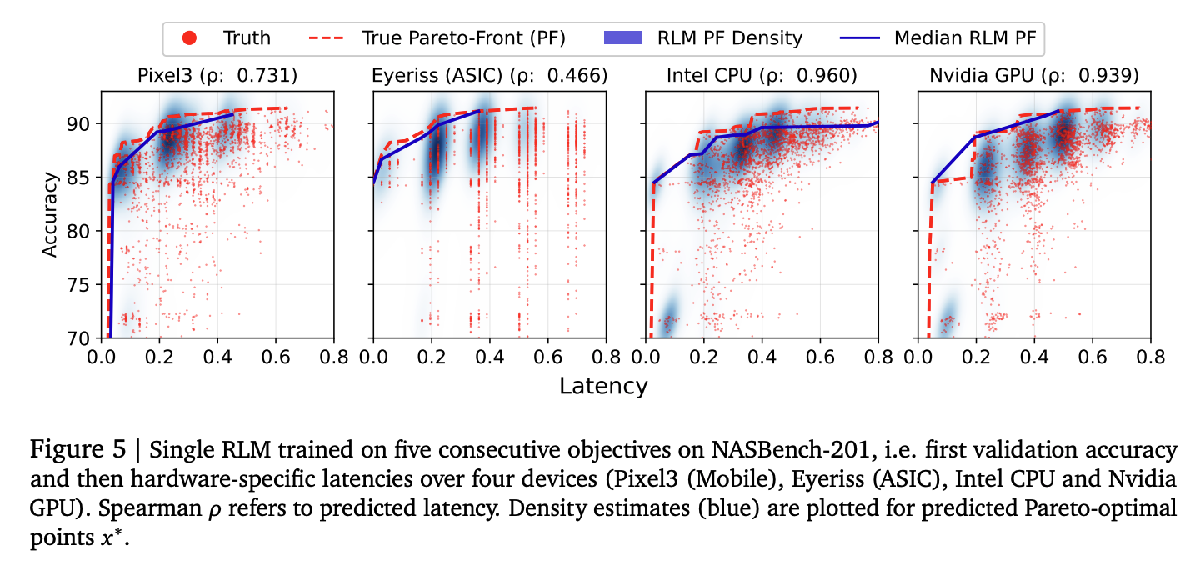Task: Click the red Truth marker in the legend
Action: (x=189, y=38)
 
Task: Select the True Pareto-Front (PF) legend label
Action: (x=463, y=38)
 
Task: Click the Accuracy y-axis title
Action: (x=51, y=214)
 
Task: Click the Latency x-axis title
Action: (x=602, y=386)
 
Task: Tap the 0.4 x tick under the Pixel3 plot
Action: (x=217, y=356)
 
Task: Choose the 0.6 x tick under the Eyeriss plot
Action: (x=547, y=356)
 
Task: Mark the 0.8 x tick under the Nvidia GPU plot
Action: (x=1150, y=356)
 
